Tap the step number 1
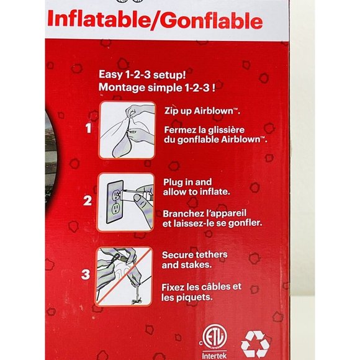89,128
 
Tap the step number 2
88,200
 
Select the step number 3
86,274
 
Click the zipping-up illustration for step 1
127,130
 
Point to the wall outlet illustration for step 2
125,202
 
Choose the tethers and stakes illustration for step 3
124,276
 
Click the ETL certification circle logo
215,336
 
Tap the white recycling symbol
255,344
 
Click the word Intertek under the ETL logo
214,356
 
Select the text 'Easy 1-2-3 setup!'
142,74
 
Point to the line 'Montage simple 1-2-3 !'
157,88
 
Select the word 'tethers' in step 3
210,254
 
